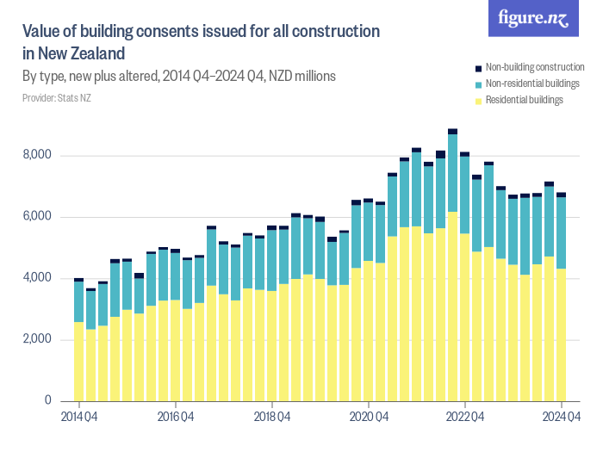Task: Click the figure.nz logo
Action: point(533,19)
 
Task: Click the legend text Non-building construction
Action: point(535,67)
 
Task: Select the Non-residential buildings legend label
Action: point(532,84)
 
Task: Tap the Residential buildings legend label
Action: point(524,100)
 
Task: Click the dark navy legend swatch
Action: point(479,68)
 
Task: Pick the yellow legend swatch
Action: point(479,101)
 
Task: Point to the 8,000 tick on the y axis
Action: point(38,156)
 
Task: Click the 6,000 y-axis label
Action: point(38,217)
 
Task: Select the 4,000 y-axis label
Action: point(38,278)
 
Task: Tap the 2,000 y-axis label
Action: point(38,340)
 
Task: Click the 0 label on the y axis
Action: point(48,401)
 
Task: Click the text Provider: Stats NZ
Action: point(56,98)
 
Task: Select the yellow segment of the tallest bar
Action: point(452,306)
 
